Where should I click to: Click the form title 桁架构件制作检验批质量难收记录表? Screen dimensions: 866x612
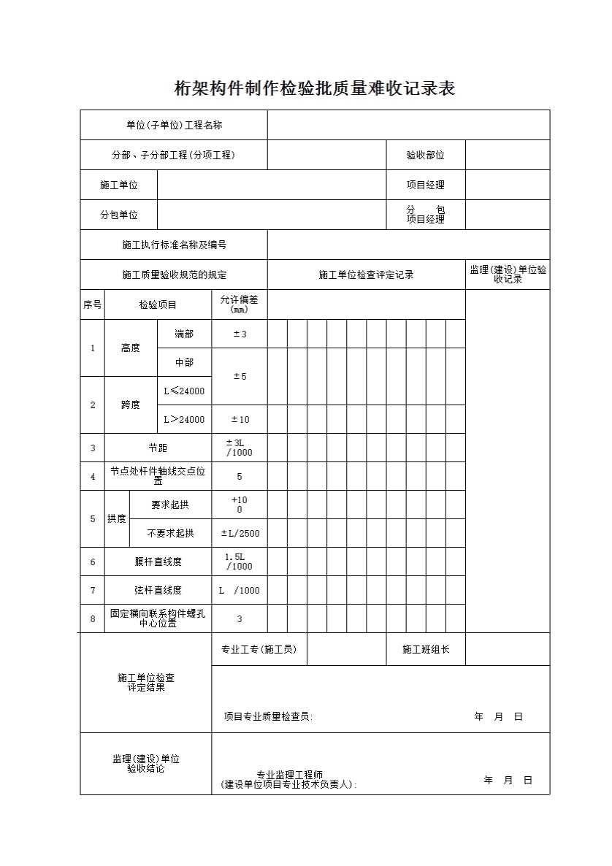[315, 89]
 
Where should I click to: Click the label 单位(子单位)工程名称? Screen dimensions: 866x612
[174, 126]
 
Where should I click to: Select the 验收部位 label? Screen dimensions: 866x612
[425, 156]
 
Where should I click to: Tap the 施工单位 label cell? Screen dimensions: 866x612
[119, 185]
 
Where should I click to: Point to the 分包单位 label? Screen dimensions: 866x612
[119, 215]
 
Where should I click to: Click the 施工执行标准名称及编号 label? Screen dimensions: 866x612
[174, 245]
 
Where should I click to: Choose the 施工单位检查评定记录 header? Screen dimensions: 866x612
[366, 275]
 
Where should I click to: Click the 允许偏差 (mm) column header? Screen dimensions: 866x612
[240, 304]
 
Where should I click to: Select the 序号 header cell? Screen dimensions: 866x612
[92, 304]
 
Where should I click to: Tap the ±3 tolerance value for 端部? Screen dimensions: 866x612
[240, 334]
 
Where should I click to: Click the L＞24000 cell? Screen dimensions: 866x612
[184, 420]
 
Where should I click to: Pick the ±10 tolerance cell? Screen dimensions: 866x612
[240, 420]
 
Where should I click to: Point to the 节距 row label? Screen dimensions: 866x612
[158, 448]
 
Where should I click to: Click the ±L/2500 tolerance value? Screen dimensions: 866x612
[240, 534]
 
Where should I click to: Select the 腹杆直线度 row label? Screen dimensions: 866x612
[158, 562]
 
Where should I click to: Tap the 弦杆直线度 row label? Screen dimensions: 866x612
[158, 591]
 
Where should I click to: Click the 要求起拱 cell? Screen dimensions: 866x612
[170, 505]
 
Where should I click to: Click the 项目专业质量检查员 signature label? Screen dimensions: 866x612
[268, 717]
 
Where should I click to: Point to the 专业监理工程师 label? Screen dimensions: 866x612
[289, 775]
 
